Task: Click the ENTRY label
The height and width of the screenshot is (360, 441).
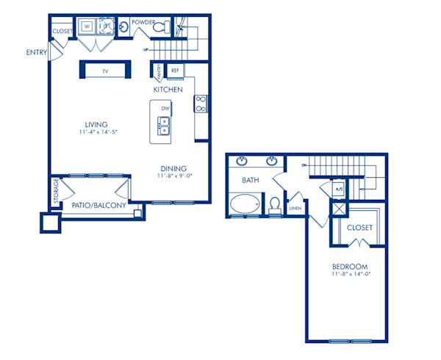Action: click(x=36, y=52)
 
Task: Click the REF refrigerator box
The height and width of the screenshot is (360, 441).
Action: click(x=175, y=71)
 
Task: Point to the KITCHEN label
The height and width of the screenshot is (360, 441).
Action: click(x=168, y=89)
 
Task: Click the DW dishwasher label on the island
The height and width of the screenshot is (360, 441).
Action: click(x=164, y=108)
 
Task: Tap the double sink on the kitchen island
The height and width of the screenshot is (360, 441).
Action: click(x=162, y=132)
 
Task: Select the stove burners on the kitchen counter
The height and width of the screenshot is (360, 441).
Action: click(x=199, y=104)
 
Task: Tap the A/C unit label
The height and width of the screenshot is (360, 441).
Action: click(x=338, y=189)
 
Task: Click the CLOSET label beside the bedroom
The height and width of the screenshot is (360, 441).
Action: click(x=359, y=228)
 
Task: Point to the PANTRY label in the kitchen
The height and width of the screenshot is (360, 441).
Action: click(x=159, y=71)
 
